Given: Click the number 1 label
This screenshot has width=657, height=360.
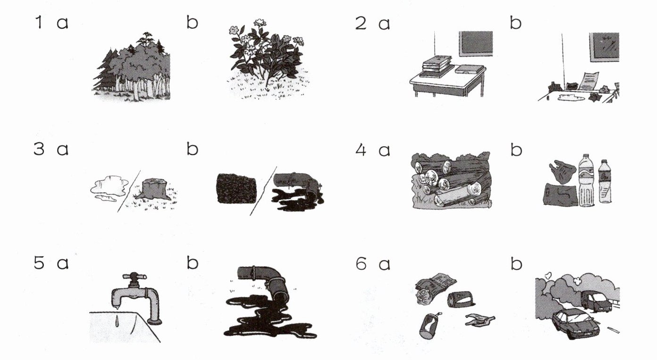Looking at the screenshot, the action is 39,22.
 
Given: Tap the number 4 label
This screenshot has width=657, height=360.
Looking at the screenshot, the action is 361,150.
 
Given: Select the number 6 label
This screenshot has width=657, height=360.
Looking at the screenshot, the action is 361,264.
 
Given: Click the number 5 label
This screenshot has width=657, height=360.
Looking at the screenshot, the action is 39,263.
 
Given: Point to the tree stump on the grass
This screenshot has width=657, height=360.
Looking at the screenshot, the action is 155,190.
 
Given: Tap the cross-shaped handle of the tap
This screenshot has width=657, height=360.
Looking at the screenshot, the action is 135,276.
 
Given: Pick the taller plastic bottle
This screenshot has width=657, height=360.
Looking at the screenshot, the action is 586,180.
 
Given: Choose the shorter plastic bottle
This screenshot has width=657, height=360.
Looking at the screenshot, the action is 604,182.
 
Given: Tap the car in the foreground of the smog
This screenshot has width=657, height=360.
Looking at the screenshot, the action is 575,324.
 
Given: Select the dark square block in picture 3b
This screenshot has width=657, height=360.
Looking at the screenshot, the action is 236,189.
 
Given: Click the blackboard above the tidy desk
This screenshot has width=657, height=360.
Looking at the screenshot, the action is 476,43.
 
